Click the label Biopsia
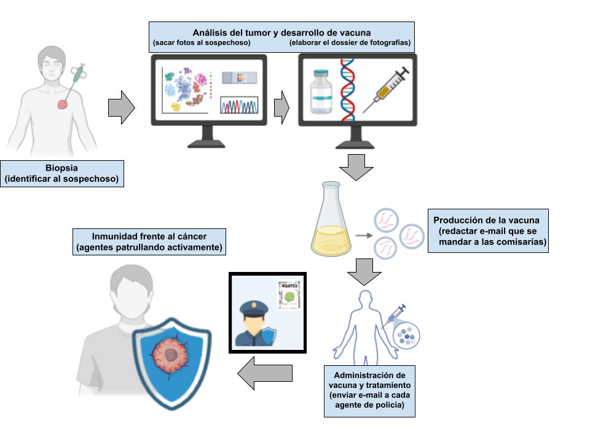click(61, 168)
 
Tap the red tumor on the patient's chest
click(63, 104)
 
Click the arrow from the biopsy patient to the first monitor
click(121, 107)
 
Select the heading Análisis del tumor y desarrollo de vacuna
click(281, 32)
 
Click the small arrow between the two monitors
click(281, 107)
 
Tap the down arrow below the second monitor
click(356, 166)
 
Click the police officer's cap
click(253, 306)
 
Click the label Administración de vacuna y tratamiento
click(369, 380)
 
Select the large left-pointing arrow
click(264, 373)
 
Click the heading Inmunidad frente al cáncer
click(149, 236)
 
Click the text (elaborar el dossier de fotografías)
click(350, 44)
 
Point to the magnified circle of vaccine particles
click(405, 335)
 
